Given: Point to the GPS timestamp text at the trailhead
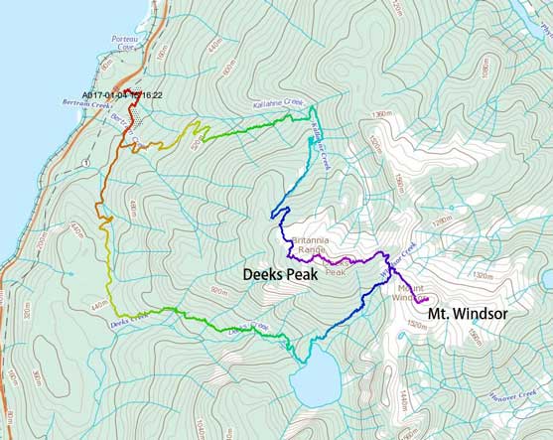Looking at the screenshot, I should click(122, 96).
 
